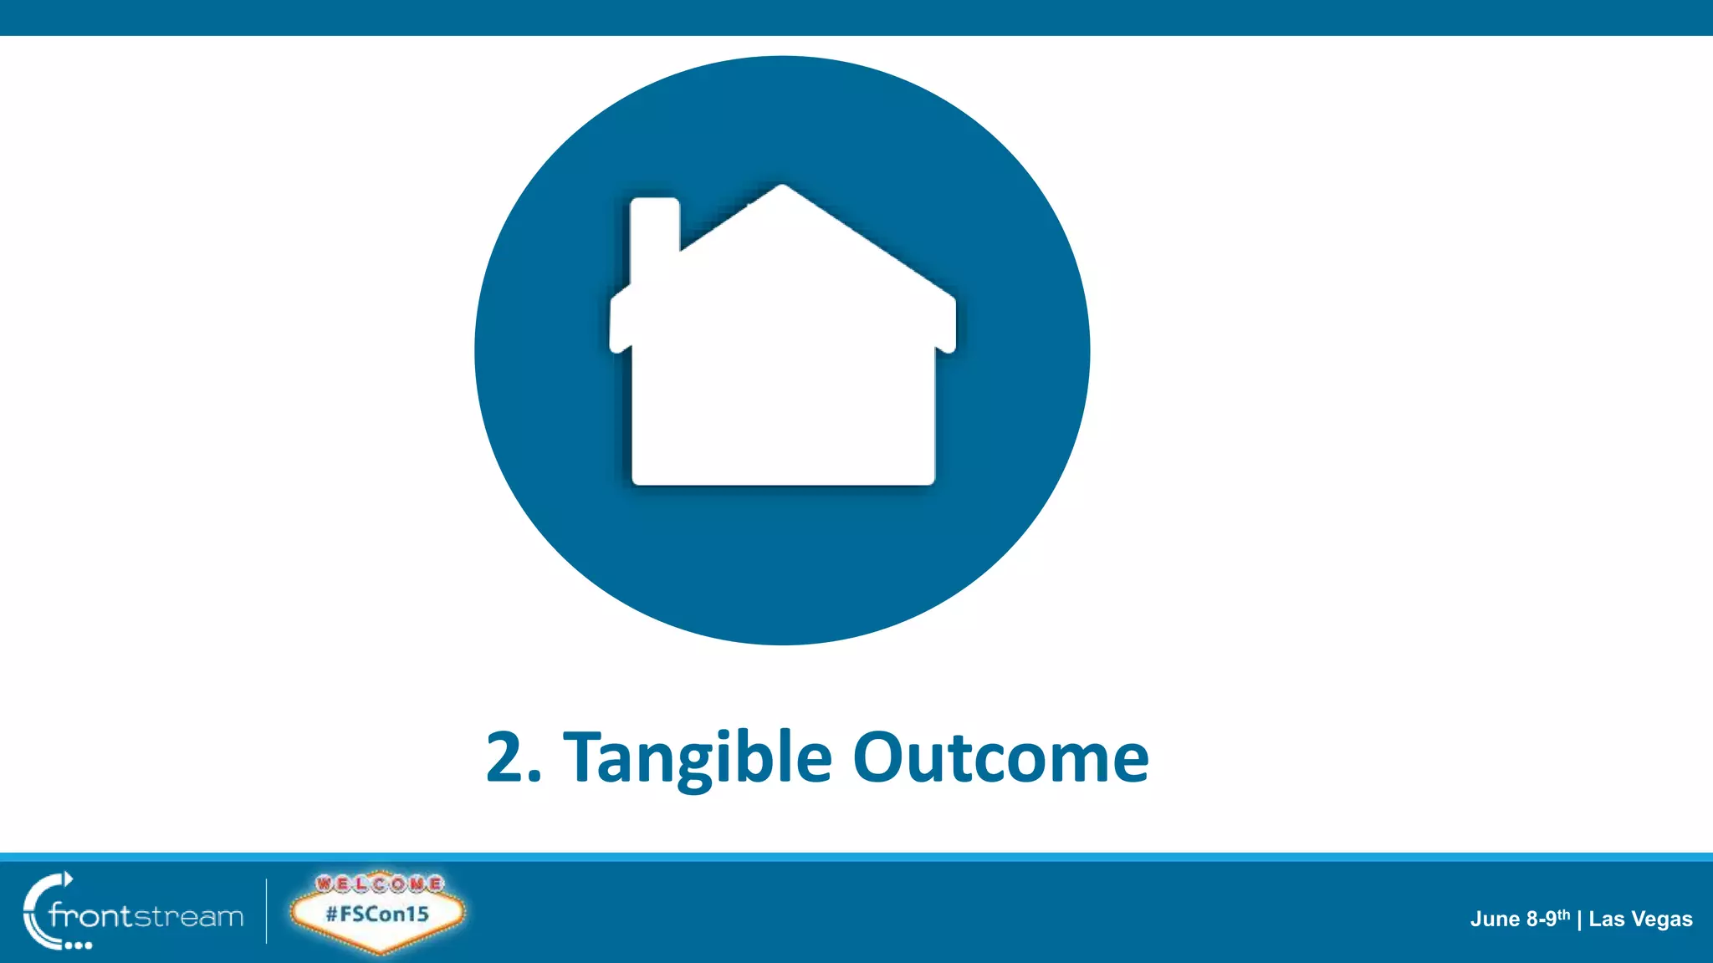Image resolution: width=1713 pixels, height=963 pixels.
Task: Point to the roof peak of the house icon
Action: click(782, 189)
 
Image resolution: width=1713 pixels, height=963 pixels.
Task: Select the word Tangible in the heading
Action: click(698, 757)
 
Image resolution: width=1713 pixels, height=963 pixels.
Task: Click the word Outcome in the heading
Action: click(1000, 757)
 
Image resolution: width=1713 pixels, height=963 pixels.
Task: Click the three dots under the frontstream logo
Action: click(79, 945)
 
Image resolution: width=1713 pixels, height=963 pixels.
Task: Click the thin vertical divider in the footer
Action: click(267, 910)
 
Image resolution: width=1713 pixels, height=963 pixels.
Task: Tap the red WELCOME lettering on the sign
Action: click(379, 884)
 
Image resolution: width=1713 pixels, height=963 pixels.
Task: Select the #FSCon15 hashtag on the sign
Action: click(377, 914)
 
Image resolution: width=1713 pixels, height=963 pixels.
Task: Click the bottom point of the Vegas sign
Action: click(381, 950)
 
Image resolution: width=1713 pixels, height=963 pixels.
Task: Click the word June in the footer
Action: click(1496, 920)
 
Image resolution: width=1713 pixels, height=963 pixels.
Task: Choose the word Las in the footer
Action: click(1607, 920)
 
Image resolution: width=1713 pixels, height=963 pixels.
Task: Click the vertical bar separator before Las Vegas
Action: click(1579, 920)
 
